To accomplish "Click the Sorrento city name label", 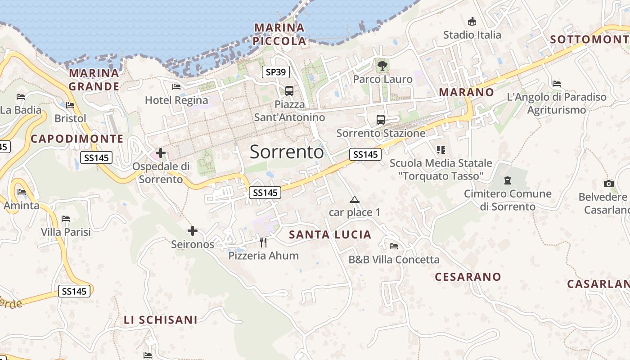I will point(287,152).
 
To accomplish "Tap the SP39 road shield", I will point(276,72).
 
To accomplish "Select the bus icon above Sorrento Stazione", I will point(381,120).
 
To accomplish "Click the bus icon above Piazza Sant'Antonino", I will point(289,91).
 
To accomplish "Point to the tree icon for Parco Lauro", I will point(382,66).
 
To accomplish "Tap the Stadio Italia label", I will point(472,35).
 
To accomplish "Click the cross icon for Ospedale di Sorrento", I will point(161,153).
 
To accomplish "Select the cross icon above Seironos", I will point(193,231).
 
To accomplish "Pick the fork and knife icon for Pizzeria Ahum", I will point(264,243).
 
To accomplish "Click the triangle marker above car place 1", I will point(355,199).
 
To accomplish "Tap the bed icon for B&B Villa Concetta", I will point(394,246).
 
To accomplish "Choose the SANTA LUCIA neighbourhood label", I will point(330,234).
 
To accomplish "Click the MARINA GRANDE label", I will point(94,80).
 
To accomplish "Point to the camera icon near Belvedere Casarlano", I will point(609,184).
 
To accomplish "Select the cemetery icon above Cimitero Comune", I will point(508,181).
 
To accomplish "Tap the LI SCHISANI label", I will point(161,320).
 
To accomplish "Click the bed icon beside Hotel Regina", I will point(176,87).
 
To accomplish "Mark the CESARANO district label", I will point(468,277).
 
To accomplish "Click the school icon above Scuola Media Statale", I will point(441,149).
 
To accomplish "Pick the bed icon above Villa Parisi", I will point(66,219).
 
